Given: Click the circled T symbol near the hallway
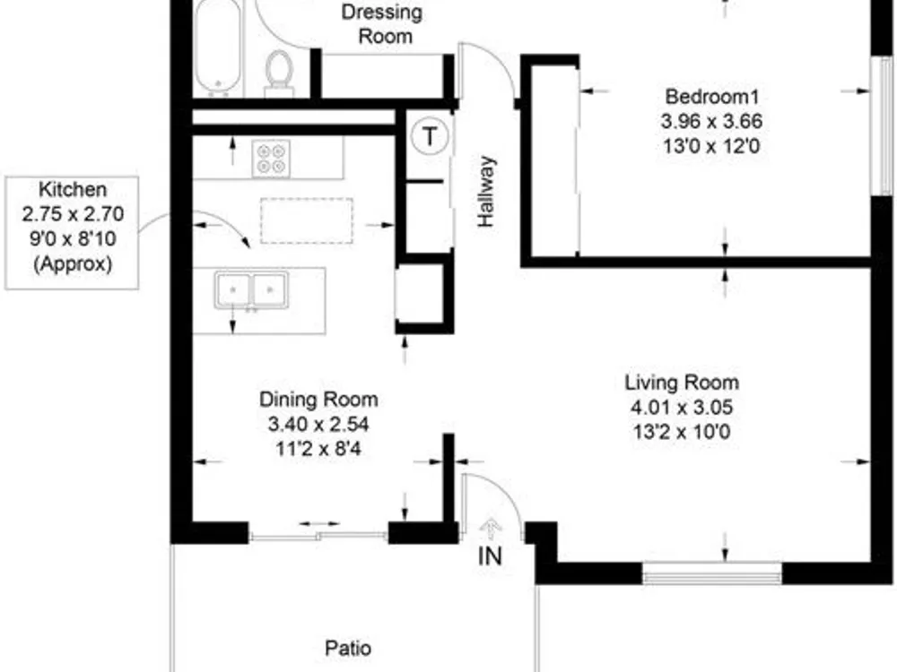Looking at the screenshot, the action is tap(429, 136).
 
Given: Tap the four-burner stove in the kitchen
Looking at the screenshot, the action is tap(271, 159).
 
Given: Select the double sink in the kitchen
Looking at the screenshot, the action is tap(251, 290).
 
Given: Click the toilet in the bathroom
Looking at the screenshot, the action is tap(279, 73).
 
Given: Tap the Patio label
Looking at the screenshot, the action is tap(348, 648).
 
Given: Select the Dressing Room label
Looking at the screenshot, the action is tap(382, 24).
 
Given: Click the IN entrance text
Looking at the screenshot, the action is tap(490, 556).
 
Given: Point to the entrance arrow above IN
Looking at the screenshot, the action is tap(491, 530).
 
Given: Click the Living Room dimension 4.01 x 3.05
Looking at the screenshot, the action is tap(682, 408).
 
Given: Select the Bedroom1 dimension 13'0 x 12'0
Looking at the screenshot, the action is tap(711, 146).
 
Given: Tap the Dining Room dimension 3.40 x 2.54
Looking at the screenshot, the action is tap(318, 424).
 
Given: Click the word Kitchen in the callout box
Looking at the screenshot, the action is tap(72, 189).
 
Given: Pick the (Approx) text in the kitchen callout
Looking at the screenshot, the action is tap(72, 263).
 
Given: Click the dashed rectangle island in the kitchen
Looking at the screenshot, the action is tap(307, 220).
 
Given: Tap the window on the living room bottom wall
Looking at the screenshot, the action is tap(711, 573).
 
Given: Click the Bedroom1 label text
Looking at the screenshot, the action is tap(711, 96).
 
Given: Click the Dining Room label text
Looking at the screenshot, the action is tap(318, 399).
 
